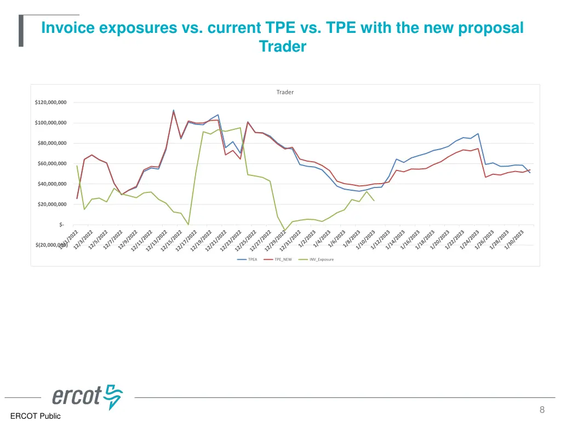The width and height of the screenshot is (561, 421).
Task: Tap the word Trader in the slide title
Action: pyautogui.click(x=283, y=47)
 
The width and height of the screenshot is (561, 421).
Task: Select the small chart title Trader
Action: pyautogui.click(x=285, y=92)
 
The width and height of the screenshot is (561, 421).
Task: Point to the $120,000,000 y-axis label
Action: pyautogui.click(x=50, y=103)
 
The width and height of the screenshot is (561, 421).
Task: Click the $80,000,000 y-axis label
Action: pyautogui.click(x=51, y=144)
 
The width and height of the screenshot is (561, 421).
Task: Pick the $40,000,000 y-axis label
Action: pyautogui.click(x=51, y=184)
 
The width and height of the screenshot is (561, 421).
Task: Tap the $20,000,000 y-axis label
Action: pyautogui.click(x=51, y=204)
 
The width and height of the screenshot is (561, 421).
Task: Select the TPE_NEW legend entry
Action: pyautogui.click(x=283, y=259)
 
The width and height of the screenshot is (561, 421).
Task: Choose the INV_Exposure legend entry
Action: pyautogui.click(x=321, y=259)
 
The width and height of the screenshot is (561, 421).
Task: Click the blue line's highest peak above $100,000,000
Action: pyautogui.click(x=174, y=110)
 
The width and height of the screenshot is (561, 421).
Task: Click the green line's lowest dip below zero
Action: pyautogui.click(x=284, y=231)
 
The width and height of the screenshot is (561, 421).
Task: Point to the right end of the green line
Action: pyautogui.click(x=374, y=201)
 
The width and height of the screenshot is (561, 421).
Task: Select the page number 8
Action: pyautogui.click(x=542, y=409)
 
